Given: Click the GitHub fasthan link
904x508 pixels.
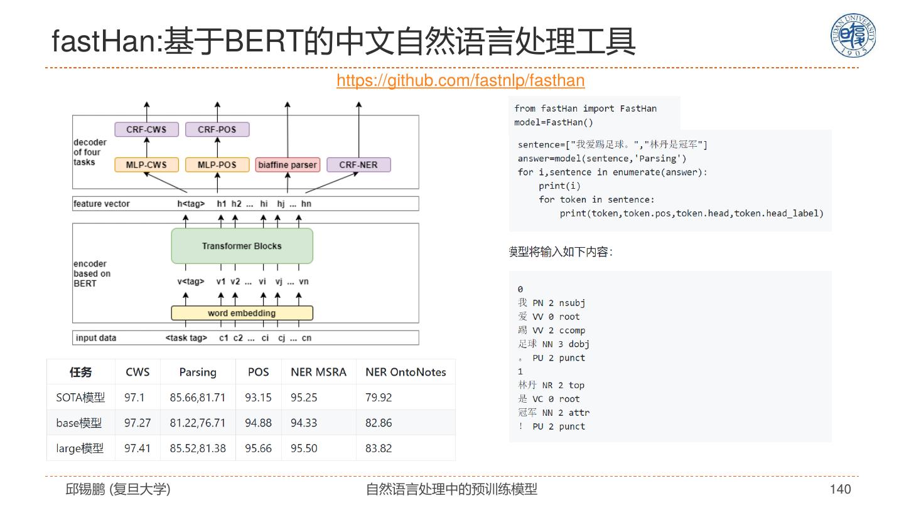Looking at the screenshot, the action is [460, 81].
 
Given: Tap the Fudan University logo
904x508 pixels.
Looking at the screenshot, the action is [853, 36].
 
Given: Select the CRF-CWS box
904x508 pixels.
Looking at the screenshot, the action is [146, 130].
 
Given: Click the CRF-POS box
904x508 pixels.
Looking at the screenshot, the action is [217, 130].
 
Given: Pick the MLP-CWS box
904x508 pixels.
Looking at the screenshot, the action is [146, 165].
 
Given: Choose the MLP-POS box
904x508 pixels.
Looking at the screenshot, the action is [217, 165].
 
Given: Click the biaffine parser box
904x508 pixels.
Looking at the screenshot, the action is [288, 165].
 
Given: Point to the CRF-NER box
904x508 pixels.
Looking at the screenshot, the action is [358, 165].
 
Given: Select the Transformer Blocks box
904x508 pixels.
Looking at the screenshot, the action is [242, 246].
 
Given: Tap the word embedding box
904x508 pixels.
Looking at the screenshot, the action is [242, 313].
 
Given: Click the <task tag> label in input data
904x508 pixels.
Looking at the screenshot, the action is [186, 338].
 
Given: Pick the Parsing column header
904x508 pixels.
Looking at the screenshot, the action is [198, 372].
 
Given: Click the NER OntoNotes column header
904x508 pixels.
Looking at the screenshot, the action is [406, 372].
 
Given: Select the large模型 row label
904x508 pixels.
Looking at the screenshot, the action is [80, 448].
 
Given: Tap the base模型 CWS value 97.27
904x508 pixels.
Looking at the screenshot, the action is [137, 423].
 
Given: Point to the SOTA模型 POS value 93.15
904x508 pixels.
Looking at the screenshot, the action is [258, 398].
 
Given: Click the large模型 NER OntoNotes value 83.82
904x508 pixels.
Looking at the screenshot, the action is [379, 448].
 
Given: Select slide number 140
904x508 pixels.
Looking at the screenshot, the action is [840, 489].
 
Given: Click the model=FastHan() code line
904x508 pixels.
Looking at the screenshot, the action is [554, 122].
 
